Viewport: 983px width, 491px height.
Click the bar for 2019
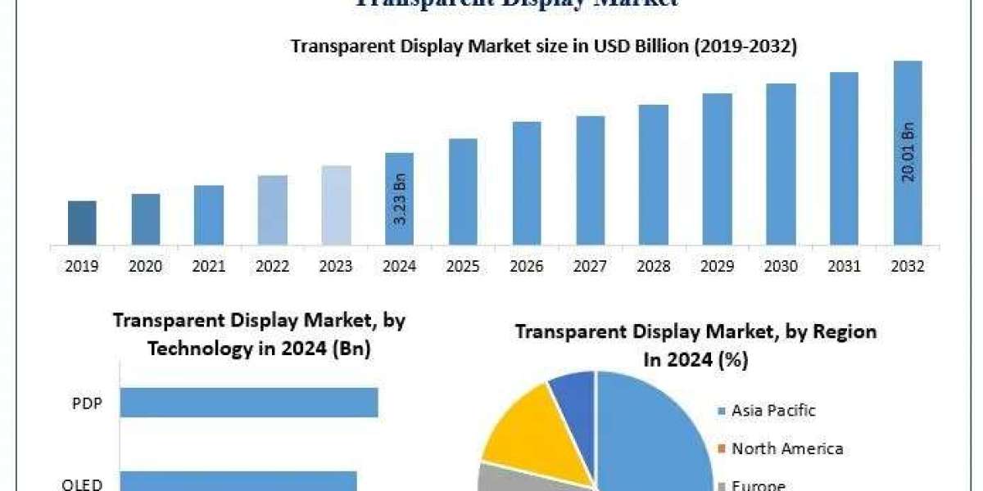pos(82,223)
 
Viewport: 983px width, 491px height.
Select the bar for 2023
pos(336,205)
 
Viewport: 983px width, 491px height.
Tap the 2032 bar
pos(908,153)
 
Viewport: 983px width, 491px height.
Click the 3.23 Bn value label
pos(400,218)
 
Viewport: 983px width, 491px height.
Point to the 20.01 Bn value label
pos(908,151)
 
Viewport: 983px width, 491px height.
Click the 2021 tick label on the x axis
pos(209,267)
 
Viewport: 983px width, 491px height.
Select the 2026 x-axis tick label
pos(526,267)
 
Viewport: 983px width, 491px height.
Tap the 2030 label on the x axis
pos(781,267)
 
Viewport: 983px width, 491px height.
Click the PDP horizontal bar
pos(249,403)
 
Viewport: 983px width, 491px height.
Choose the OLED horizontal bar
pos(238,481)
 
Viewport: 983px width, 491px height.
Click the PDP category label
pos(88,403)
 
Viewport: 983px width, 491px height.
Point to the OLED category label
pos(82,484)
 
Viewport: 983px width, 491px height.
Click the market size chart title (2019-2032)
pos(544,47)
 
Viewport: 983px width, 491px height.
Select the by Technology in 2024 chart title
pos(259,335)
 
